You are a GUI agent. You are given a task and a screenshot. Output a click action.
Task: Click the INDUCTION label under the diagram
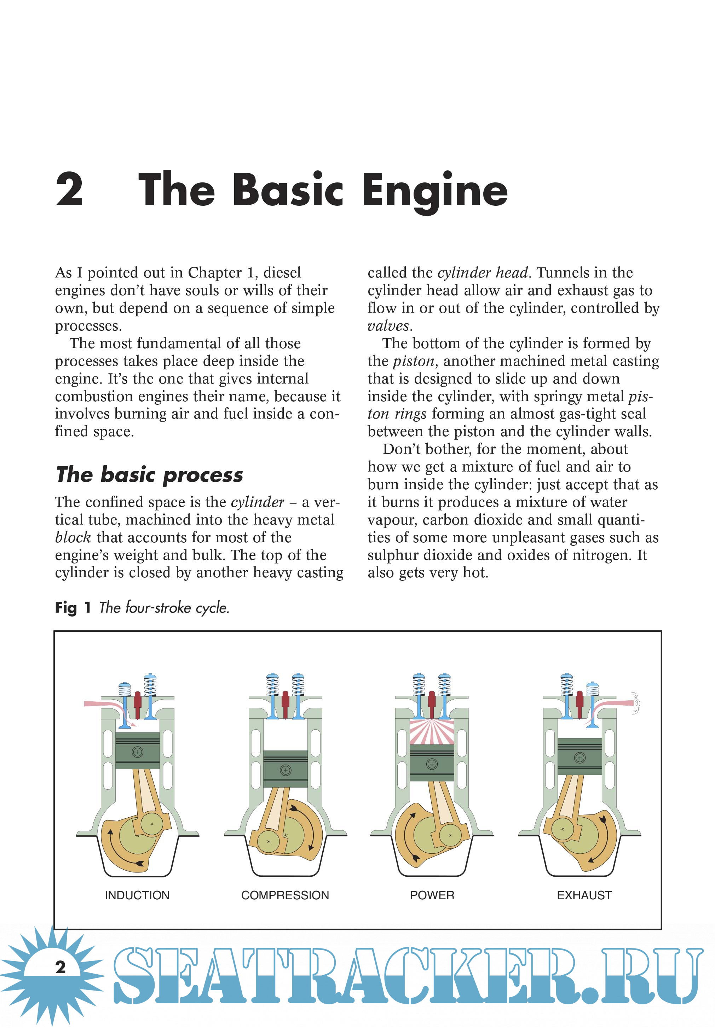(x=137, y=895)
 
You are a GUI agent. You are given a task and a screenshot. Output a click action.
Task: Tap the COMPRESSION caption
(x=285, y=895)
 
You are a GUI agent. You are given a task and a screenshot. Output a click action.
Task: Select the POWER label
(x=432, y=895)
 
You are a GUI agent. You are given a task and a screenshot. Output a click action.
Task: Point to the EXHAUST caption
(x=584, y=895)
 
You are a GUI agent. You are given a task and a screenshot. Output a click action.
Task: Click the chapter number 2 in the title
(x=69, y=189)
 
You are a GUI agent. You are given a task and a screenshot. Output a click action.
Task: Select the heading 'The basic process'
(x=150, y=474)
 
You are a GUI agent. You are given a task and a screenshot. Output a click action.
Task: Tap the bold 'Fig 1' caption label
(x=73, y=607)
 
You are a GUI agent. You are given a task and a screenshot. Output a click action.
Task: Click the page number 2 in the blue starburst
(x=60, y=967)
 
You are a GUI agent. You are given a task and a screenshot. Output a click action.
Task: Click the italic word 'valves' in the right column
(x=388, y=326)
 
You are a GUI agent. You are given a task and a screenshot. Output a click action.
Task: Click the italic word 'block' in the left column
(x=73, y=537)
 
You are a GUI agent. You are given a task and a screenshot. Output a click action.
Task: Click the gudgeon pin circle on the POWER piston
(x=432, y=764)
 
